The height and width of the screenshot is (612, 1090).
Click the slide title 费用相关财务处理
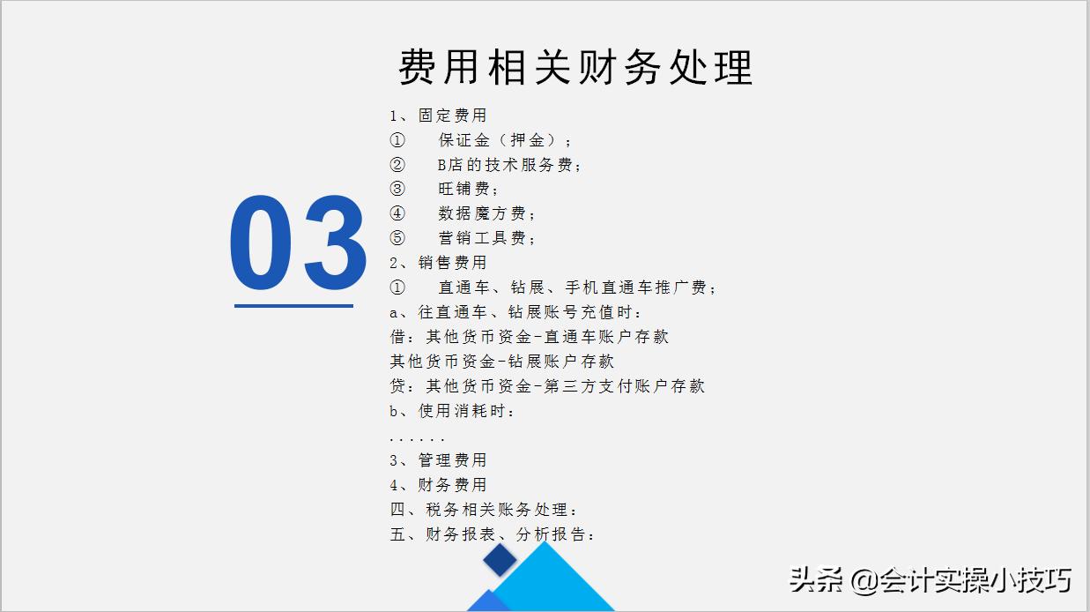pyautogui.click(x=575, y=67)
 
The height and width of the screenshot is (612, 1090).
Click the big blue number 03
pyautogui.click(x=298, y=244)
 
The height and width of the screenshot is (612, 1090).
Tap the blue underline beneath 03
pyautogui.click(x=293, y=306)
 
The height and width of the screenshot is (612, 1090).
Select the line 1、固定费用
pyautogui.click(x=438, y=116)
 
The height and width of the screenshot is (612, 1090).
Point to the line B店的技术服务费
pyautogui.click(x=510, y=165)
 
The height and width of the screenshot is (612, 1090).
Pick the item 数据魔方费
pyautogui.click(x=487, y=214)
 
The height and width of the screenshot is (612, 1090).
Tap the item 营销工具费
pyautogui.click(x=487, y=239)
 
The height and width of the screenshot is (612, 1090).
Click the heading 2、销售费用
pyautogui.click(x=438, y=263)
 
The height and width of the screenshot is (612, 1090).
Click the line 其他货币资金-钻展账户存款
pyautogui.click(x=502, y=362)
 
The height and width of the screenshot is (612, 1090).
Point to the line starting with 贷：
pyautogui.click(x=547, y=386)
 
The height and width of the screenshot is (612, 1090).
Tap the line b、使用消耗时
pyautogui.click(x=453, y=411)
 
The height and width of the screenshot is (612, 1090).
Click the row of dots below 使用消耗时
pyautogui.click(x=417, y=438)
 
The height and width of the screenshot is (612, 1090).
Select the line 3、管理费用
pyautogui.click(x=438, y=460)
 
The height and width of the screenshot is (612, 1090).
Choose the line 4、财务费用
pyautogui.click(x=438, y=485)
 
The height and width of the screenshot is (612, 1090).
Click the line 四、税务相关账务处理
pyautogui.click(x=485, y=510)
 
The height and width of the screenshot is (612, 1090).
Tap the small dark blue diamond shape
pyautogui.click(x=500, y=560)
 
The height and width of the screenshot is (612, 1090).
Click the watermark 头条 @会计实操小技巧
pyautogui.click(x=930, y=579)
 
